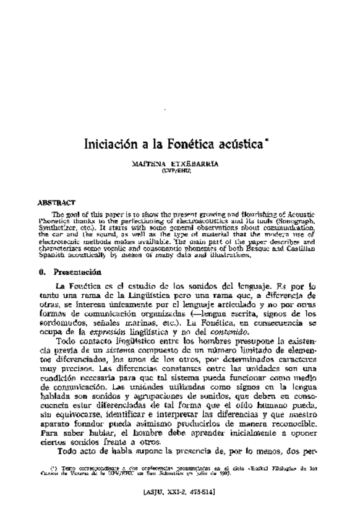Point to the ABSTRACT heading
point(56,202)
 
